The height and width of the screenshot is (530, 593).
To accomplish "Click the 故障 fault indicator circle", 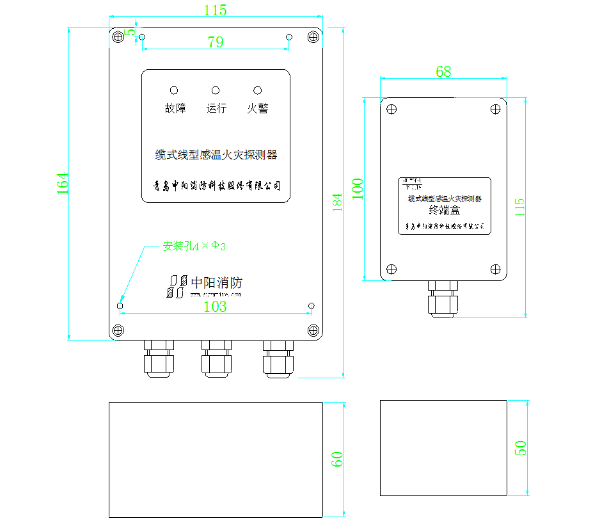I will pos(174,91).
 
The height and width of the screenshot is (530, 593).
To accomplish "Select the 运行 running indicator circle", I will pos(216,91).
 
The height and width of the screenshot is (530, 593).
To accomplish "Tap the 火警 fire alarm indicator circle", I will pos(257,91).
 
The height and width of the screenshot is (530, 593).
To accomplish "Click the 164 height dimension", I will pos(63,184).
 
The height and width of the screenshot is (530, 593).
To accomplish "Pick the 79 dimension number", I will pos(216,42).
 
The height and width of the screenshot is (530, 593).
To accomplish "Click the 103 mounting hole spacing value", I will pos(215,307).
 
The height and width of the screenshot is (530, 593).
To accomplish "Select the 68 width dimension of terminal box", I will pos(443,72).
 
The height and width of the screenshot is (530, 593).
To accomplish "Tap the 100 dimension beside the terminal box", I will pos(358,189).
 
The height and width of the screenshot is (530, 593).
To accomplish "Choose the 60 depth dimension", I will pos(337,458).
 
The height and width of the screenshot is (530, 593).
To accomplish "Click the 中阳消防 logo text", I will pos(217,282).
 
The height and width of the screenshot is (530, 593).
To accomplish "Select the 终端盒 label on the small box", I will pos(444,209).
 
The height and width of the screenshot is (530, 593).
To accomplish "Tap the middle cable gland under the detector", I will pos(217,358).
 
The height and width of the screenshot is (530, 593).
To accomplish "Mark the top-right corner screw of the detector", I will pos(313,37).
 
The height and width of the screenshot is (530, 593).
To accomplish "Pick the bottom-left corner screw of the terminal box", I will pos(391,269).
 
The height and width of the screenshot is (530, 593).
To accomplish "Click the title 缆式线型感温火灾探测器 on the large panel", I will pos(216,155).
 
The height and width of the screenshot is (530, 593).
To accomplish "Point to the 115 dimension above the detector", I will pos(215,10).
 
